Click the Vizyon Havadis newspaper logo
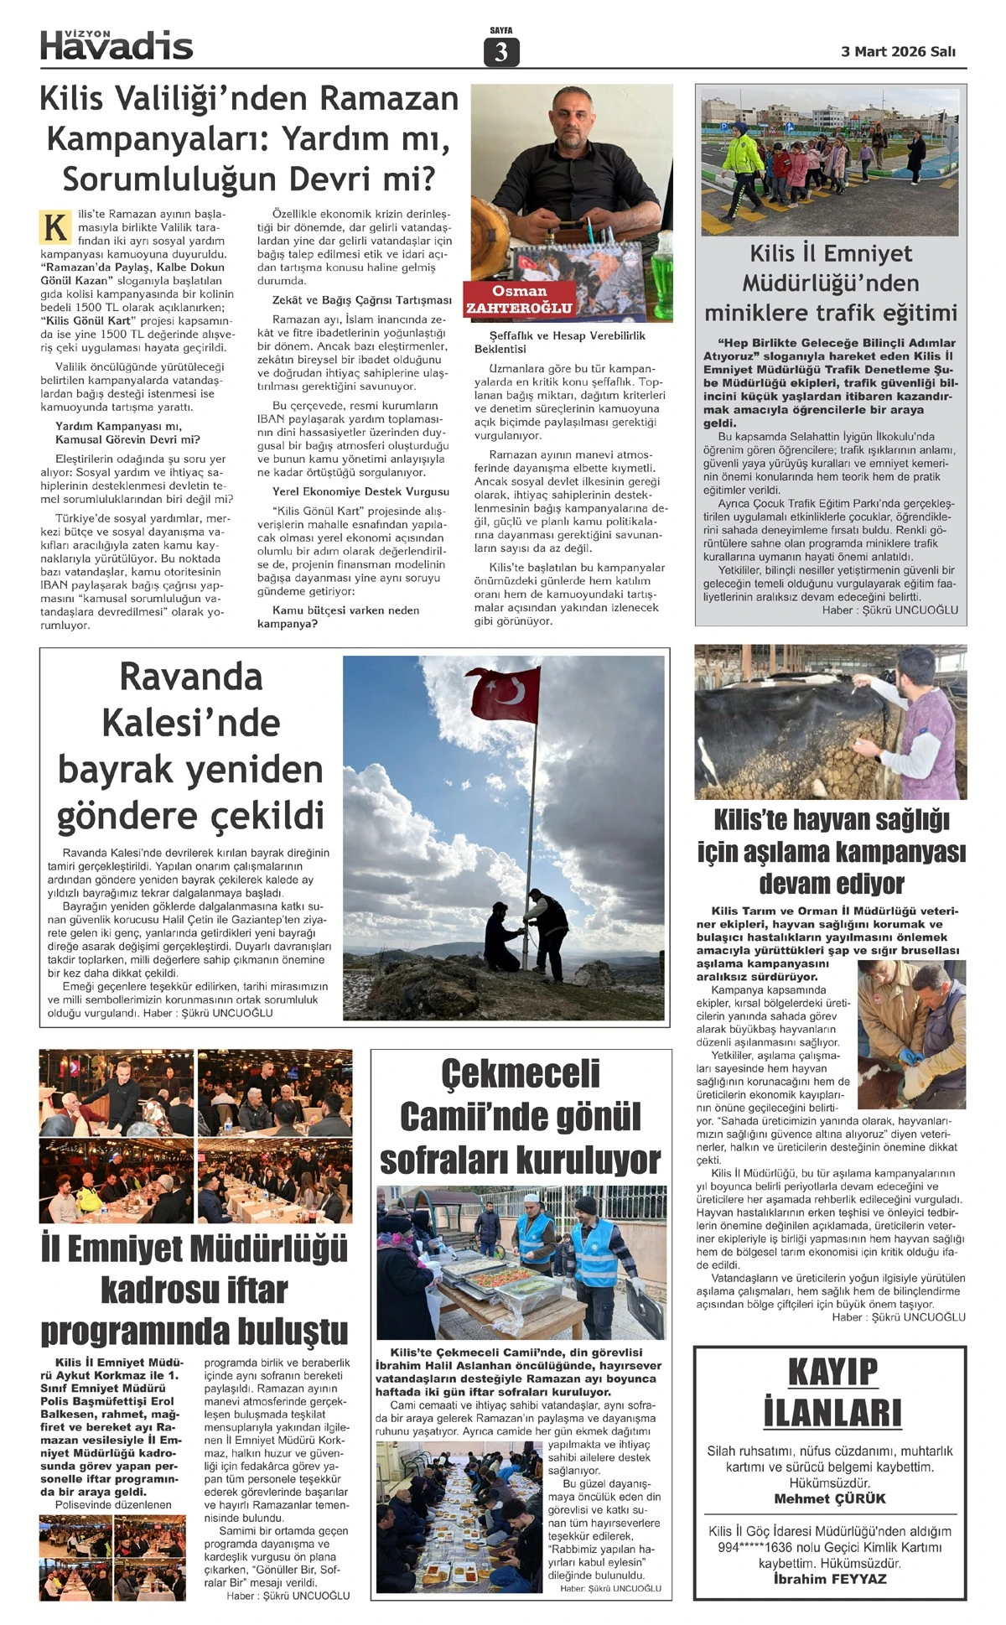tap(117, 45)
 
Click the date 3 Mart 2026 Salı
tap(898, 51)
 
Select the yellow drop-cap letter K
tap(55, 227)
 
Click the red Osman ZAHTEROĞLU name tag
tap(520, 299)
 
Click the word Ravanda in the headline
tap(191, 677)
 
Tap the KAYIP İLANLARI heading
tap(832, 1393)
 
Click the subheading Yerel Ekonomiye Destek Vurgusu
tap(360, 492)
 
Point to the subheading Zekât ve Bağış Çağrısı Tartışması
tap(361, 300)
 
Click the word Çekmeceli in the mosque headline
tap(521, 1074)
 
